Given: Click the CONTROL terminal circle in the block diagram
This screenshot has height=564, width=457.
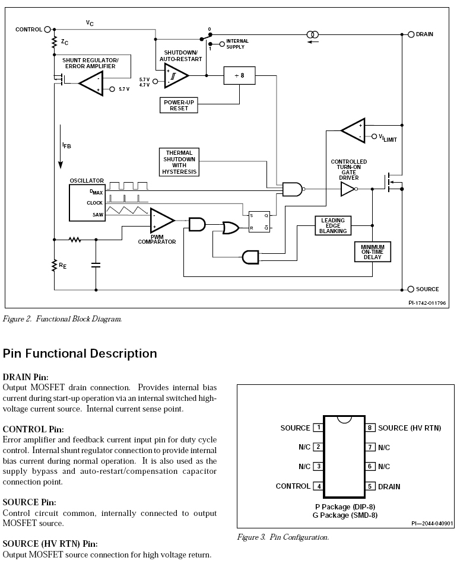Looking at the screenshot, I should point(47,29).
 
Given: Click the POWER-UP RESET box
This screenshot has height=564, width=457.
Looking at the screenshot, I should point(180,105).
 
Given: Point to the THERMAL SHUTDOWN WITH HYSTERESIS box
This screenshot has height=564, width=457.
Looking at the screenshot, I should point(179,162).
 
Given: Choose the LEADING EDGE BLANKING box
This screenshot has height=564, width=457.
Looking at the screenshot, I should point(332,225).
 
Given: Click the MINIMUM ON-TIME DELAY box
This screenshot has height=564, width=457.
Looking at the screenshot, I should point(372,251).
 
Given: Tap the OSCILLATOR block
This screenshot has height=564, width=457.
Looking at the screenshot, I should point(86,202).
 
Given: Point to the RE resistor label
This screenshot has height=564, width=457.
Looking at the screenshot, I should point(63,266).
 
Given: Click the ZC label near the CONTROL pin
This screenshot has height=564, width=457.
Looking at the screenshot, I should point(65,43).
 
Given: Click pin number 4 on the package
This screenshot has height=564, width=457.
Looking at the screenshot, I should point(319,486).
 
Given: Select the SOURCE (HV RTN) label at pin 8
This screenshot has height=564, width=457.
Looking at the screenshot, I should point(409,428).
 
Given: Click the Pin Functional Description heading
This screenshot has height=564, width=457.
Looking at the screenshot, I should point(80,353).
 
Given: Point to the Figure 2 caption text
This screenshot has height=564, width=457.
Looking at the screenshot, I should point(62,319).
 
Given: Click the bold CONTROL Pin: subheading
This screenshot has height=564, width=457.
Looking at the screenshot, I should point(33,429).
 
